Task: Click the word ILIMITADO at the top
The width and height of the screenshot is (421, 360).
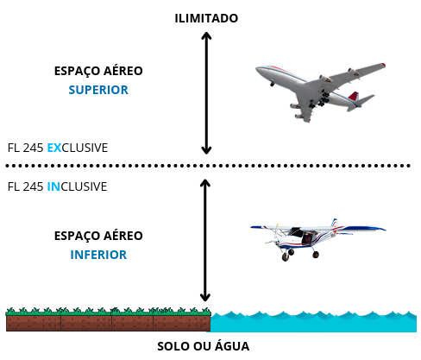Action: click(x=206, y=18)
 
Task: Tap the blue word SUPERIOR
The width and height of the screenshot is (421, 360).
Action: click(x=98, y=90)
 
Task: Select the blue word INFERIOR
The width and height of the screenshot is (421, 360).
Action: click(x=98, y=255)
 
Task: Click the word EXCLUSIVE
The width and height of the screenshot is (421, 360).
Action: click(x=78, y=148)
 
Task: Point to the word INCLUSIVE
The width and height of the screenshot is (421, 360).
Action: click(x=77, y=186)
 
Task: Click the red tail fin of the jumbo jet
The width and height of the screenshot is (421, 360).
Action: click(x=354, y=96)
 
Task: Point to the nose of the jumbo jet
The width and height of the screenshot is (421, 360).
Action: click(x=258, y=69)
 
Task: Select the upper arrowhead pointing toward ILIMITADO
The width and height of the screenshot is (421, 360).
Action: click(x=206, y=35)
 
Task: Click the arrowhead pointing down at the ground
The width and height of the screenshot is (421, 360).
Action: click(x=205, y=297)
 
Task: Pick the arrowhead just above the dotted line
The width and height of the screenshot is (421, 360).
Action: click(x=206, y=150)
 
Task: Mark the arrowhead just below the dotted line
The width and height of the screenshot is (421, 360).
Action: click(x=205, y=183)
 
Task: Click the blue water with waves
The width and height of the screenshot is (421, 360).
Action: click(x=313, y=322)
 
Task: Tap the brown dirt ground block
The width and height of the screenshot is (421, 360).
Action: click(x=108, y=323)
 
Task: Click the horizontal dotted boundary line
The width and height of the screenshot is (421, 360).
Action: click(x=208, y=166)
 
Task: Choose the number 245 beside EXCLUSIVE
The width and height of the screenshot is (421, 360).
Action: click(x=33, y=148)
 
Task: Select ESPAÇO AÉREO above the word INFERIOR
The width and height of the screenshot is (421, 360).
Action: click(x=98, y=236)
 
